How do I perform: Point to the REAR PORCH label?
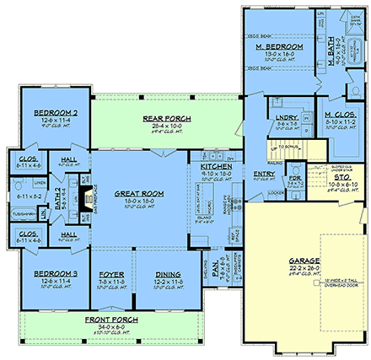click(139, 117)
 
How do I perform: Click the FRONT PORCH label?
click(106, 321)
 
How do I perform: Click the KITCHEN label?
click(216, 168)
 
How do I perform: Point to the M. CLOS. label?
click(344, 113)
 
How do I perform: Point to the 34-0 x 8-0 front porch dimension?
click(106, 329)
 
